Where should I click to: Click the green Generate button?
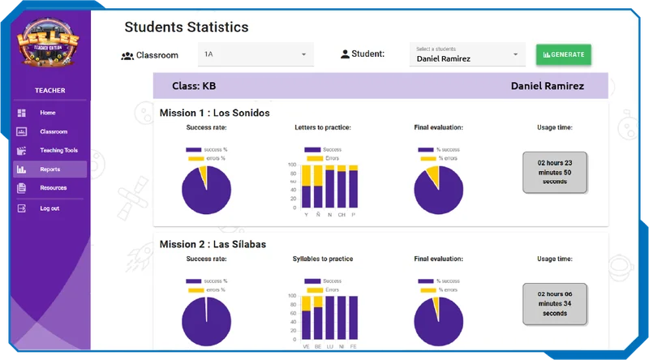tap(563, 54)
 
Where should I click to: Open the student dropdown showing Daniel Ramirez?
tap(467, 54)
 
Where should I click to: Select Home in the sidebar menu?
tap(48, 113)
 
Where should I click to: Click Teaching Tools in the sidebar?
tap(58, 150)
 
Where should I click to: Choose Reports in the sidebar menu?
tap(49, 169)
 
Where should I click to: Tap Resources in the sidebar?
tap(53, 188)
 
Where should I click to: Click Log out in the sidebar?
tap(49, 208)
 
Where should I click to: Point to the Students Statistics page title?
tap(186, 28)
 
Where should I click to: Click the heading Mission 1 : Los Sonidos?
tap(214, 113)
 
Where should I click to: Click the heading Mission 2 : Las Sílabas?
tap(213, 243)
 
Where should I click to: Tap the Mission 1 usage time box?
tap(555, 172)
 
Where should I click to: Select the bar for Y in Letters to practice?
tap(307, 187)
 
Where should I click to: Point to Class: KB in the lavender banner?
tap(194, 85)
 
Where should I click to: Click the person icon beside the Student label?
tap(345, 55)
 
